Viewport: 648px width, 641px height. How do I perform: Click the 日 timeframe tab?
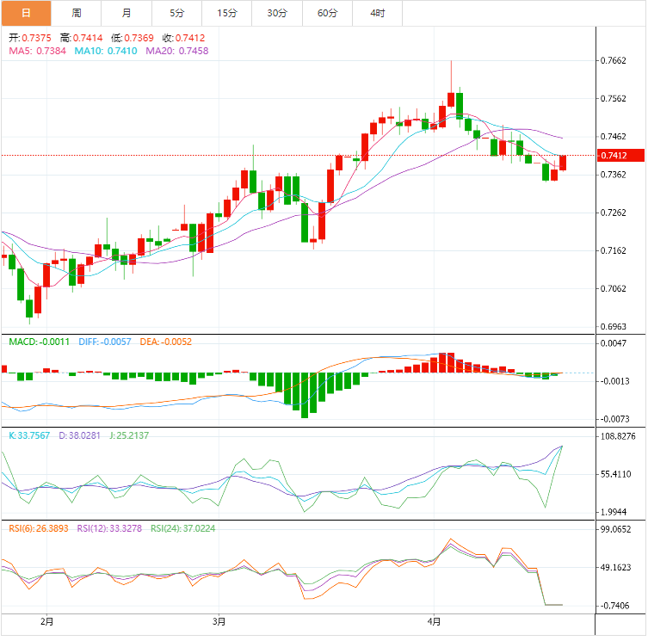click(26, 13)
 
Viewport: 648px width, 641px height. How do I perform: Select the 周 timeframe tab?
click(77, 13)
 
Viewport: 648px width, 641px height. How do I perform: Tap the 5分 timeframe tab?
click(176, 13)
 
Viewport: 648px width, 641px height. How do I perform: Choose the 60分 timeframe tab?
click(327, 13)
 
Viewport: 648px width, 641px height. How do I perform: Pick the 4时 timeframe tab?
click(377, 13)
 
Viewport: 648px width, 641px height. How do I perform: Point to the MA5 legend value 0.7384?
click(51, 51)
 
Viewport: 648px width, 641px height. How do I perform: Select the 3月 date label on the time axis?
click(219, 621)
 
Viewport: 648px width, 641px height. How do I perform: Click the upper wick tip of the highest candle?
click(451, 61)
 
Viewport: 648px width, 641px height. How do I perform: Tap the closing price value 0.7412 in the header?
click(194, 38)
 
